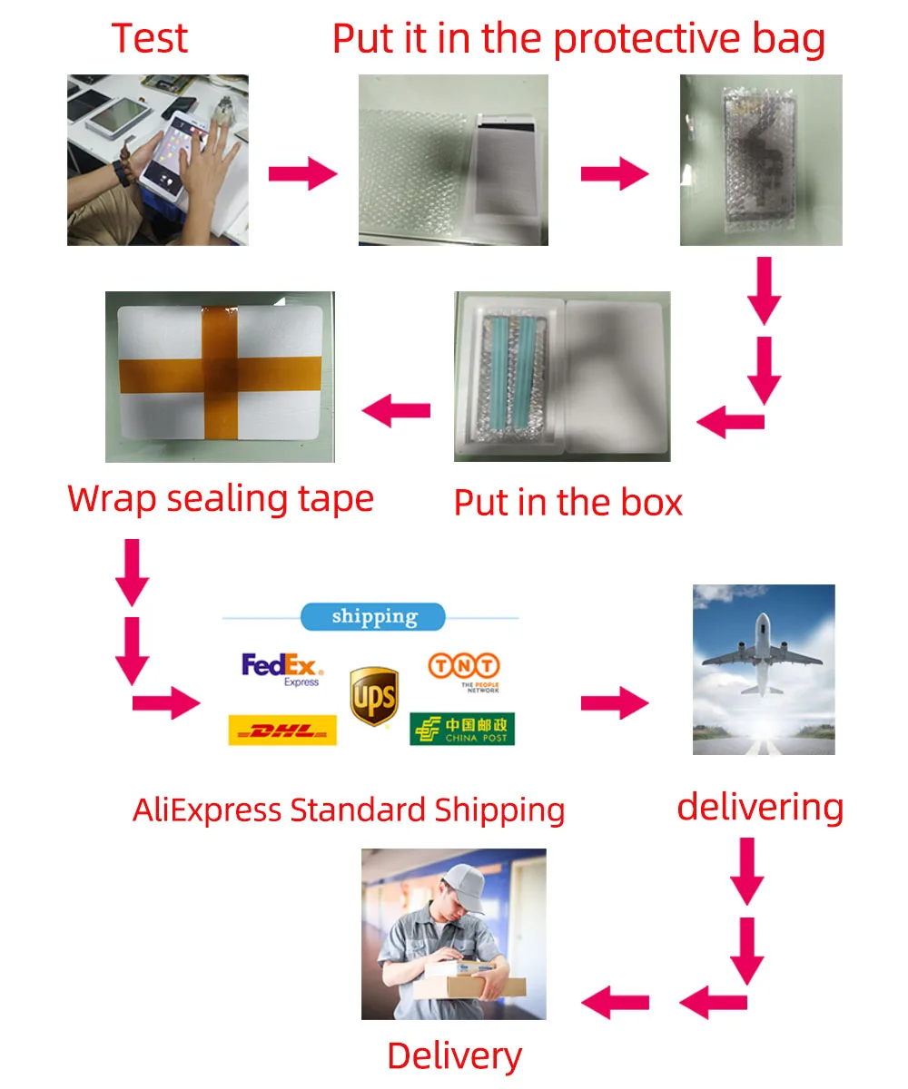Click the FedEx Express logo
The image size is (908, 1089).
(x=282, y=669)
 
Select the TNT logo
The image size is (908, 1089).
(x=463, y=671)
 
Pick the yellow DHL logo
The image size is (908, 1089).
(x=281, y=730)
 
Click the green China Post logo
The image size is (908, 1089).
(x=462, y=729)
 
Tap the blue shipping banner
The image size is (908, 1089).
(x=373, y=617)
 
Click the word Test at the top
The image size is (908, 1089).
(x=150, y=38)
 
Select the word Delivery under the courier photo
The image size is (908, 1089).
(x=454, y=1056)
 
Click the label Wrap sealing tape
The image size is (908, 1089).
(x=221, y=499)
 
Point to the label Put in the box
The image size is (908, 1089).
(x=567, y=502)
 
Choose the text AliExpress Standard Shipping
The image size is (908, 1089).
(x=349, y=809)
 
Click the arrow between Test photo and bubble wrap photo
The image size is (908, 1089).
(x=302, y=172)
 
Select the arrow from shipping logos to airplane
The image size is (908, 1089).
(x=615, y=701)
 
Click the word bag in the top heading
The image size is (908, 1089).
(x=783, y=39)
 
